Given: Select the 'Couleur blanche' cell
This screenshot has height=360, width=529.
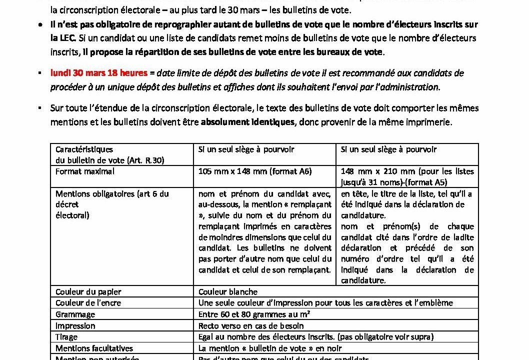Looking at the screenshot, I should pos(228,291).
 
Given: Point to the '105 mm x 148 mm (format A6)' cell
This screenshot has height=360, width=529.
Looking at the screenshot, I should pos(255,171).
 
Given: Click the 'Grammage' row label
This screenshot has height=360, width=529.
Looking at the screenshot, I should pos(75,314).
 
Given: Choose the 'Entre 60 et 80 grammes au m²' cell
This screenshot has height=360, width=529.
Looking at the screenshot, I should pos(254,314).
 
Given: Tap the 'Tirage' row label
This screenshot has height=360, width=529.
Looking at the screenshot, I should pos(66,337).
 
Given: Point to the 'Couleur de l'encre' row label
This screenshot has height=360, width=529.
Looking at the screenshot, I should pos(88,303).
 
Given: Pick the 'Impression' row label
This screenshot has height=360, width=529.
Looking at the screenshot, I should pos(75,326).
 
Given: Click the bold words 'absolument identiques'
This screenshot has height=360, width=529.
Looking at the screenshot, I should pos(247,122).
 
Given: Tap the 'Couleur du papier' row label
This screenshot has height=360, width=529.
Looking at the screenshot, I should pos(88,291).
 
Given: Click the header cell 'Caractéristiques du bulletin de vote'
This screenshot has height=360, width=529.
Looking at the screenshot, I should pos(110,154).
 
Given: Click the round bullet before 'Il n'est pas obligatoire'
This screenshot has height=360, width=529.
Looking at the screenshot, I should pos(40,24).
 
